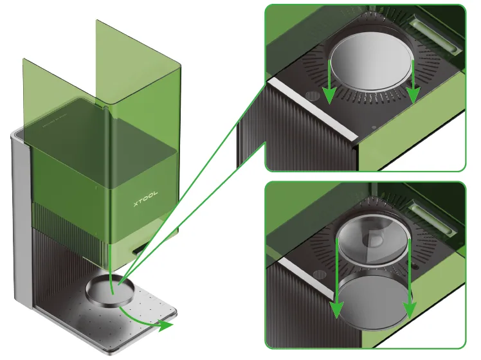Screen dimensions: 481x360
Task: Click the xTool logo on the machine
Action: [146, 199]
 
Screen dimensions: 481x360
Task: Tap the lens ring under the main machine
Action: [111, 290]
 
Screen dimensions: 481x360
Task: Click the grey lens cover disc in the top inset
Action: [371, 63]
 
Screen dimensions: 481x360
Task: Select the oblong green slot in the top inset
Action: [435, 33]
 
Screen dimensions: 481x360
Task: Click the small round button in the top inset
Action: [313, 96]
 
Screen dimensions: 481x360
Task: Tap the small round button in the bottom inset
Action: [319, 274]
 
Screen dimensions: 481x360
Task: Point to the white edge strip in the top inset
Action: [312, 108]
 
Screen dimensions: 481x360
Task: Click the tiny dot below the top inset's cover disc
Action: [374, 127]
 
